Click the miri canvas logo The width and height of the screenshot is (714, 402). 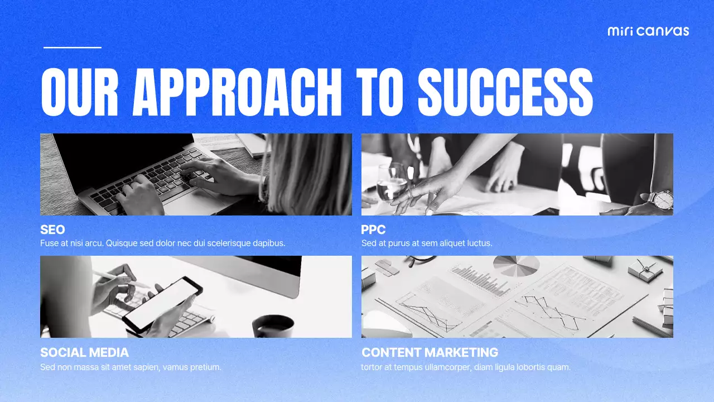point(648,31)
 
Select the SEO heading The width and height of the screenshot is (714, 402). point(52,229)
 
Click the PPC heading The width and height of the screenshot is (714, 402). point(373,229)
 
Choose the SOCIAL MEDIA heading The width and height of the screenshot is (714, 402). point(84,352)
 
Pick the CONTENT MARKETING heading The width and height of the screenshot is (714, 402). point(430,352)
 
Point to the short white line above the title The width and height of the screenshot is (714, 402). point(73,47)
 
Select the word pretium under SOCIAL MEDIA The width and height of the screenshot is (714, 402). point(206,367)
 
